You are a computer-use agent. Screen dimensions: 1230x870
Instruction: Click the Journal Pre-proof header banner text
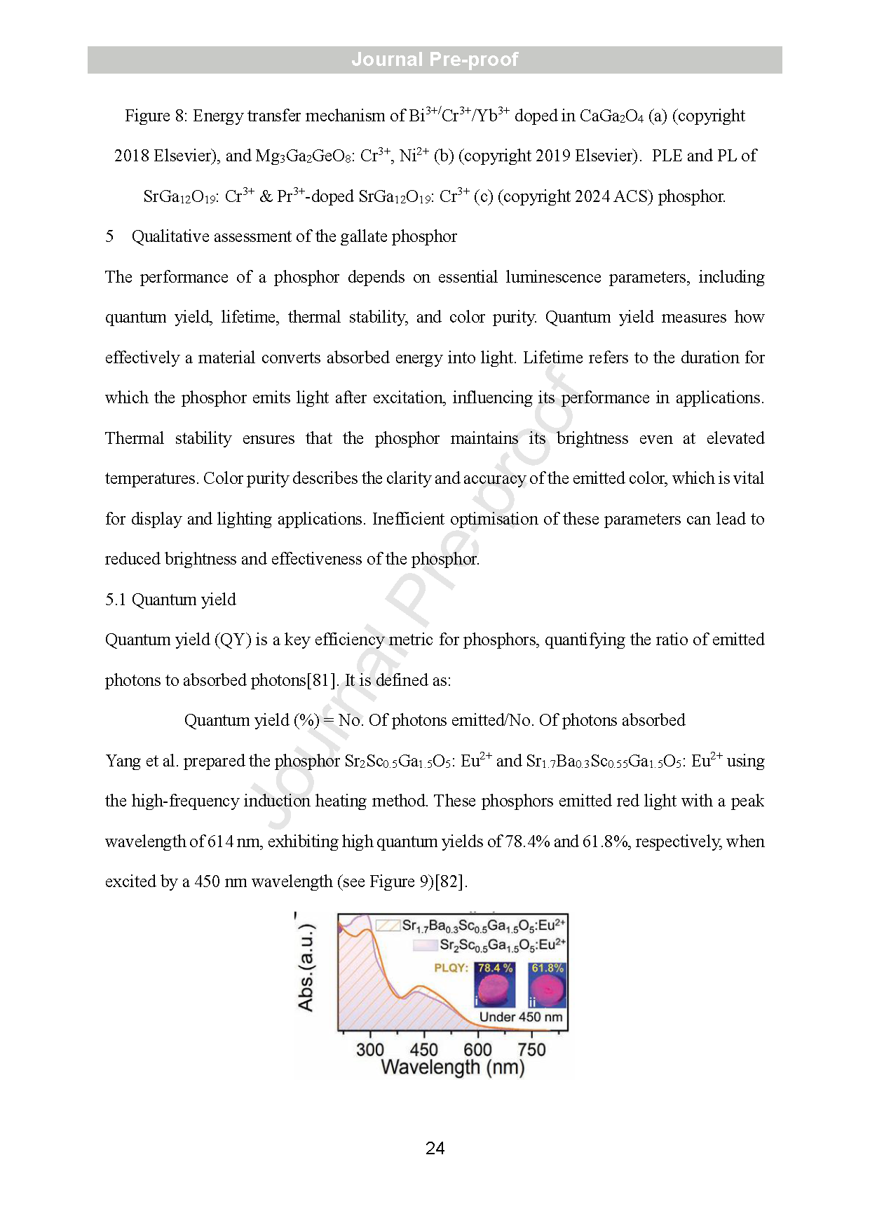pyautogui.click(x=435, y=60)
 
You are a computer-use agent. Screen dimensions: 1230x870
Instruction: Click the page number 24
pyautogui.click(x=435, y=1148)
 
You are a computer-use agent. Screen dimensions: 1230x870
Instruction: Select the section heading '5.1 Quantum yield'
pyautogui.click(x=170, y=600)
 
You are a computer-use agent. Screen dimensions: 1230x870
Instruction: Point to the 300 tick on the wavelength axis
pyautogui.click(x=369, y=1050)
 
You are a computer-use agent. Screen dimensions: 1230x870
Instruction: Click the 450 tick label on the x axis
pyautogui.click(x=423, y=1050)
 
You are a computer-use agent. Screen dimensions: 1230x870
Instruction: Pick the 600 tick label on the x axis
pyautogui.click(x=477, y=1050)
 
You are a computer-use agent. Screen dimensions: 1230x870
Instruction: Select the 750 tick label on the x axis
pyautogui.click(x=531, y=1050)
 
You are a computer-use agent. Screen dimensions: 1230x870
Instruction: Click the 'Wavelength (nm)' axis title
pyautogui.click(x=452, y=1068)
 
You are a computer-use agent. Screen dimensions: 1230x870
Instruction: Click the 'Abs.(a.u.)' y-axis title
pyautogui.click(x=306, y=968)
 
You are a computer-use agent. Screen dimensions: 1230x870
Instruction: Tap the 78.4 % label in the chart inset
pyautogui.click(x=495, y=968)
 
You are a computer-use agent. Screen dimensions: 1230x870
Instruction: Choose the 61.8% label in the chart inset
pyautogui.click(x=548, y=968)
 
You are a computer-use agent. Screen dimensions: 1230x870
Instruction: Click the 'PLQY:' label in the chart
pyautogui.click(x=451, y=968)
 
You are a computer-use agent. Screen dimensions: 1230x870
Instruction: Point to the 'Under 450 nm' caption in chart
pyautogui.click(x=521, y=1017)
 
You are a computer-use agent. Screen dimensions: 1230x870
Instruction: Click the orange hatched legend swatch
pyautogui.click(x=388, y=926)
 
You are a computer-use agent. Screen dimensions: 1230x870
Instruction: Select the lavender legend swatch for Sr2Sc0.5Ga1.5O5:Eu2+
pyautogui.click(x=425, y=945)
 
